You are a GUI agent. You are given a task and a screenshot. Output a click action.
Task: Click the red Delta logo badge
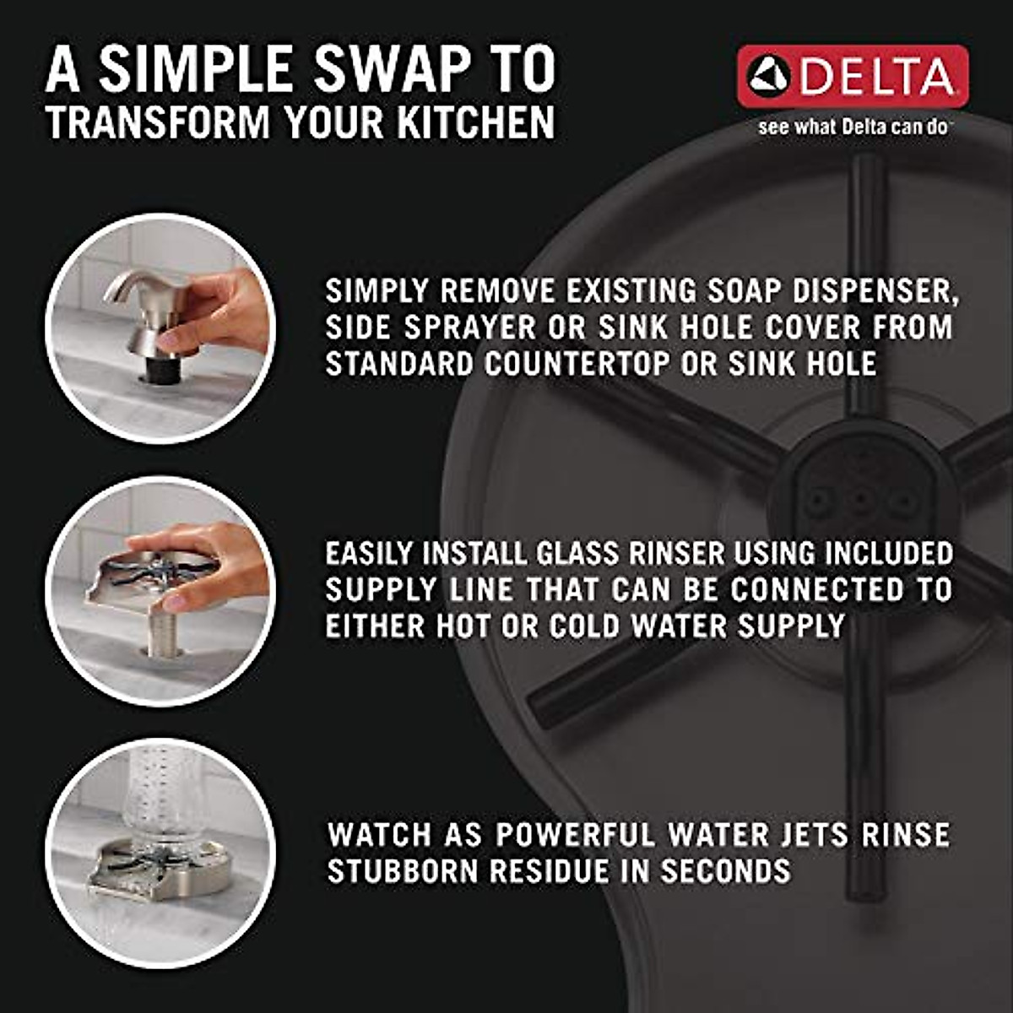pyautogui.click(x=853, y=77)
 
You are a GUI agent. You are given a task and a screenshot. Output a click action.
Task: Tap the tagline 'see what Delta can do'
pyautogui.click(x=853, y=128)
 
